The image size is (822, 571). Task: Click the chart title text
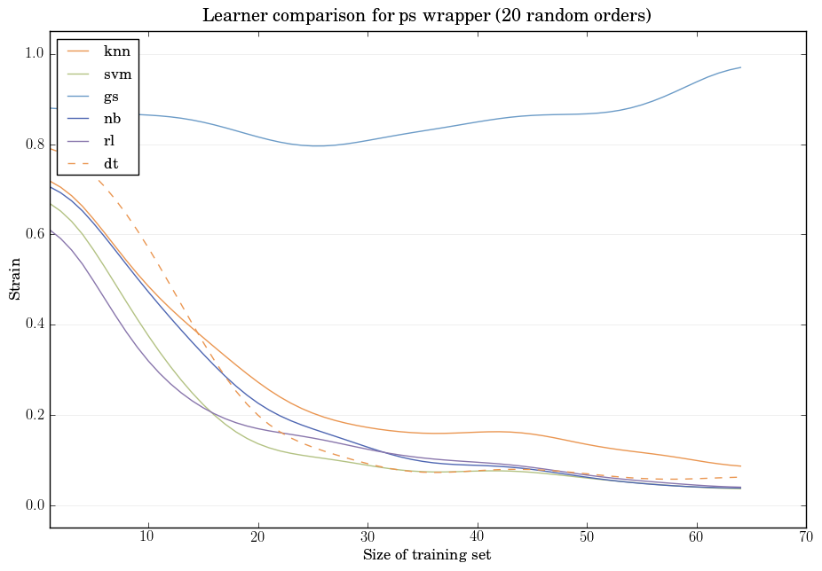point(427,16)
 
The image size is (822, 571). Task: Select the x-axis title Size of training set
point(427,555)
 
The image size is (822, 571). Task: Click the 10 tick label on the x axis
point(147,537)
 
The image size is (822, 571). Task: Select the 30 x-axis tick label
point(368,537)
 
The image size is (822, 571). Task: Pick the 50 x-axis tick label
point(587,537)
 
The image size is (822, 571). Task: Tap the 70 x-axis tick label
point(806,537)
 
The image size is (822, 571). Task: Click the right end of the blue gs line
point(739,67)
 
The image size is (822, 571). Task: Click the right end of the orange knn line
point(739,466)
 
